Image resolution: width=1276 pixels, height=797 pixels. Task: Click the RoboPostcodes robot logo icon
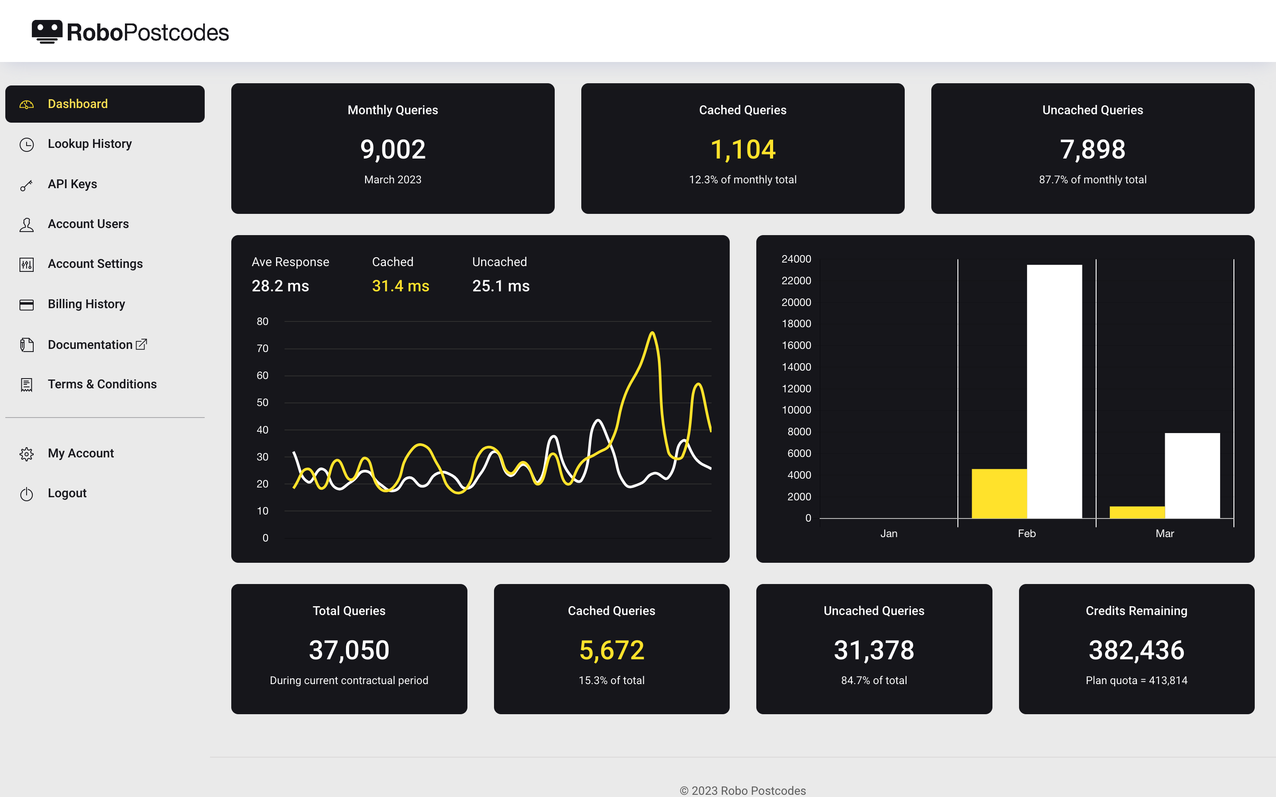[x=47, y=31]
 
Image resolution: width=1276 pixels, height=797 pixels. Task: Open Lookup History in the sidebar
[x=89, y=144]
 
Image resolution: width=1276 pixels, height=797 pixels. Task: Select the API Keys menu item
[x=72, y=184]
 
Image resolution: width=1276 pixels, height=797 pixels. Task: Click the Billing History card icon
[x=27, y=305]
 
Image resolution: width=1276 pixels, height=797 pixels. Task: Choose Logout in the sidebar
[x=67, y=493]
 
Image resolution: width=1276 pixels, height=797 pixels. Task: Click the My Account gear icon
[x=27, y=454]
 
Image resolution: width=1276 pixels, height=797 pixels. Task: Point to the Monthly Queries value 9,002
[x=392, y=149]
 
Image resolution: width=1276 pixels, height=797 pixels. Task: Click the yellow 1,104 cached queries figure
[x=743, y=149]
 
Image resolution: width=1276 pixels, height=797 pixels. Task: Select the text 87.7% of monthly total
[x=1092, y=180]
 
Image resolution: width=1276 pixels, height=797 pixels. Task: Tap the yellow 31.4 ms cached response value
[x=400, y=286]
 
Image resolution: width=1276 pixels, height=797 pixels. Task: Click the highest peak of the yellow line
[x=652, y=333]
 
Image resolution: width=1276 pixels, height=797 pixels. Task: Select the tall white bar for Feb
[x=1054, y=390]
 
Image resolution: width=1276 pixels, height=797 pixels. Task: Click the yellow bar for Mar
[x=1137, y=512]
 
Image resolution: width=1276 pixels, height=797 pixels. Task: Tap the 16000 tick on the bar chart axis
[x=796, y=345]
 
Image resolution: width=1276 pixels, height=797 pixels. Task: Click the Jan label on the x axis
[x=888, y=534]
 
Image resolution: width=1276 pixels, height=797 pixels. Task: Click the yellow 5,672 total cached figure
[x=611, y=650]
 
